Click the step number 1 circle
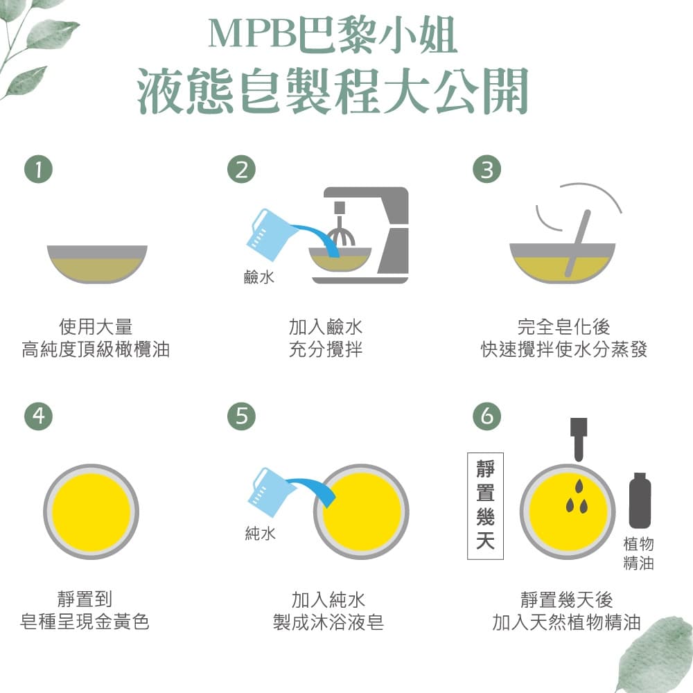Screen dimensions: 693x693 pyautogui.click(x=38, y=170)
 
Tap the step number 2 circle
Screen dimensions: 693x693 pyautogui.click(x=241, y=170)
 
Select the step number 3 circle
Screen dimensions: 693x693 pyautogui.click(x=486, y=170)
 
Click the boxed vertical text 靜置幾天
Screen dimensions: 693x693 pyautogui.click(x=485, y=506)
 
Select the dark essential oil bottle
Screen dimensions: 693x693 pyautogui.click(x=640, y=500)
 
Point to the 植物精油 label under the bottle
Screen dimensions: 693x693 pyautogui.click(x=638, y=553)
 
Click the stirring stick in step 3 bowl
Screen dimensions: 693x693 pyautogui.click(x=577, y=243)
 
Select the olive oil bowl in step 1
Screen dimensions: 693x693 pyautogui.click(x=97, y=263)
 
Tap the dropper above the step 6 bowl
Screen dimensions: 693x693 pyautogui.click(x=579, y=437)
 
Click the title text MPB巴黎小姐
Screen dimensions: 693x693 pyautogui.click(x=333, y=36)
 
